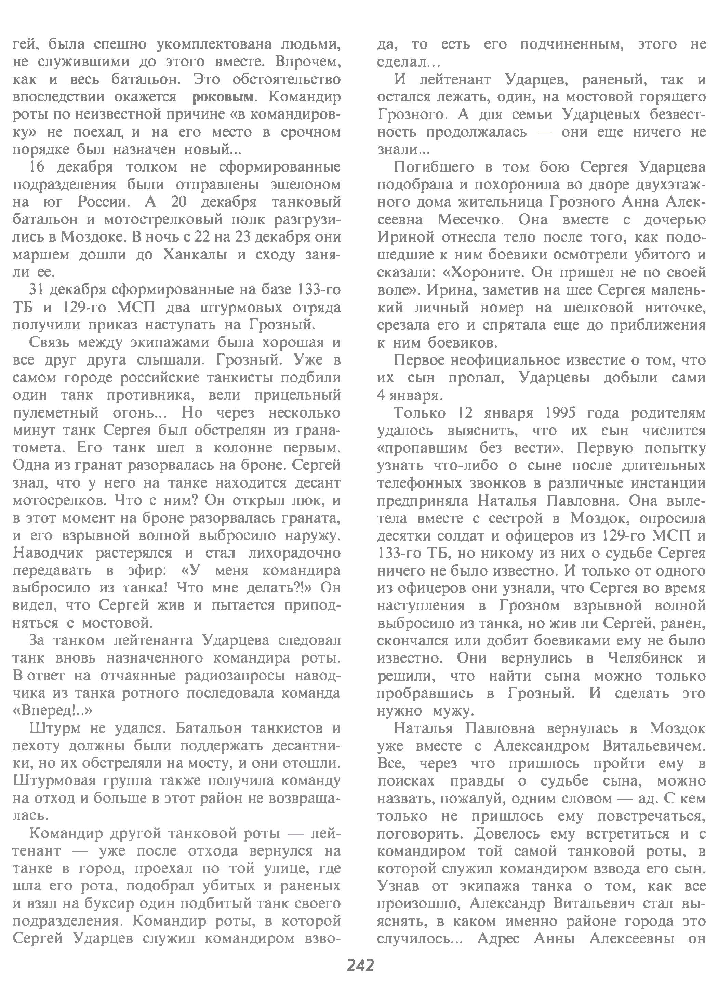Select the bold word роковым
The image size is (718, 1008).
click(223, 97)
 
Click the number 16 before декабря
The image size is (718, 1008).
click(38, 167)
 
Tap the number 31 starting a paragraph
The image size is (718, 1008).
click(38, 290)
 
